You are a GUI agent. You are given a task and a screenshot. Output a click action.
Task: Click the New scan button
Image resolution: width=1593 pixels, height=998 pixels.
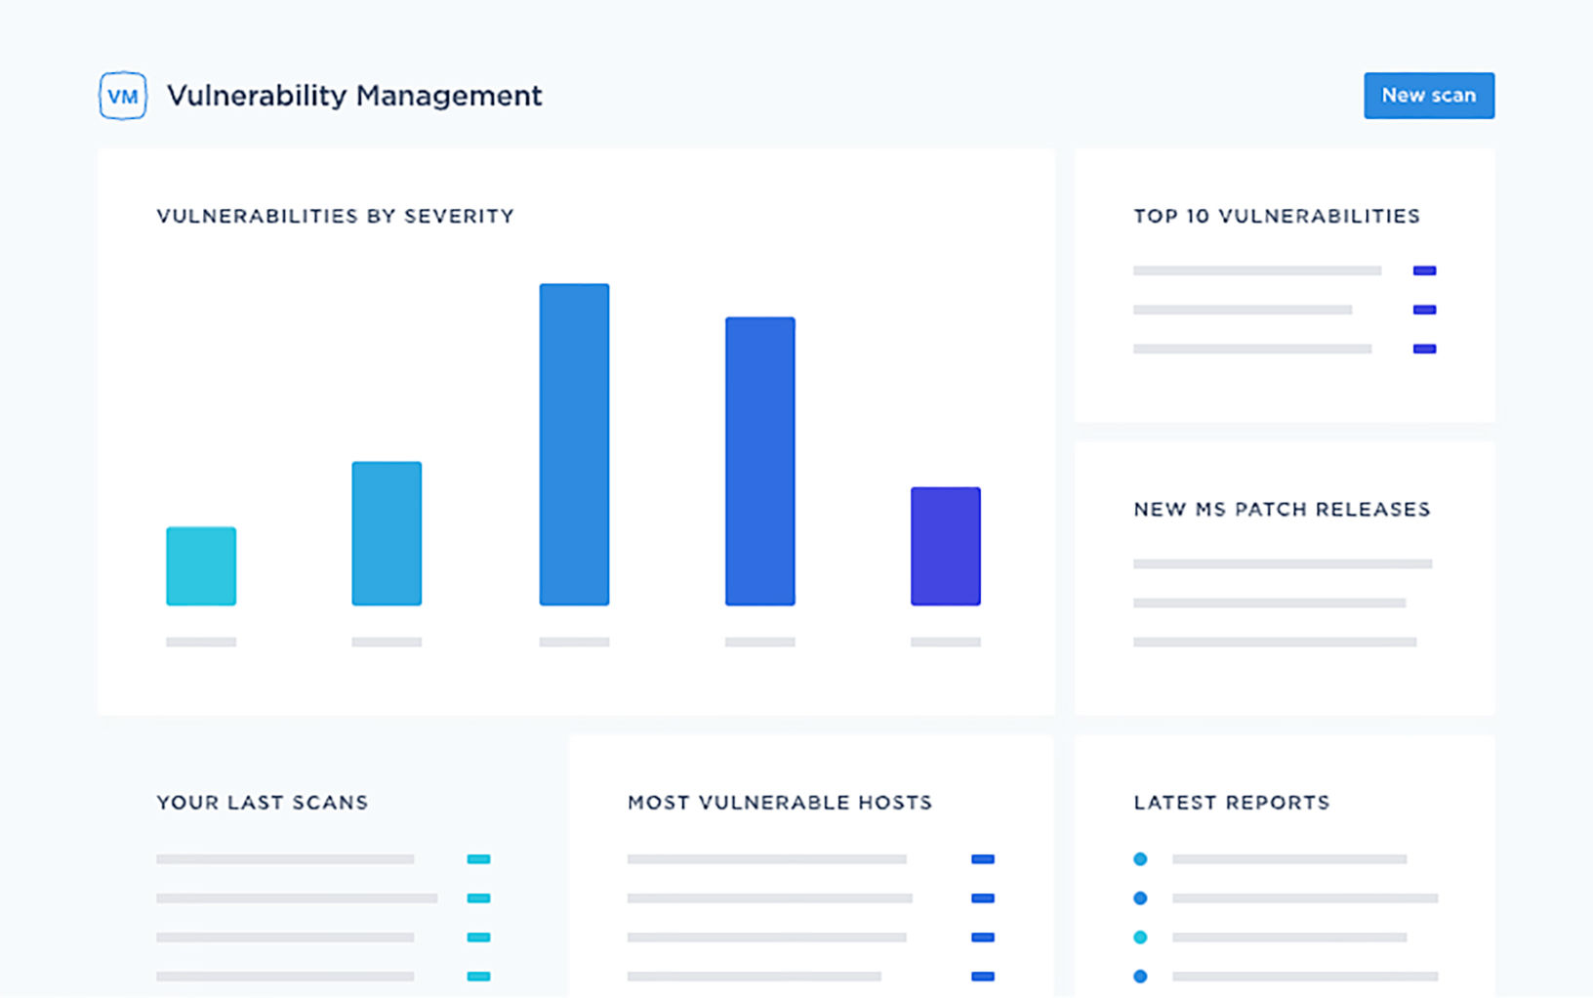coord(1428,96)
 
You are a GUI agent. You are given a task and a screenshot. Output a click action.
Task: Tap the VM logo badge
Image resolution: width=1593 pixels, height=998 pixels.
coord(123,96)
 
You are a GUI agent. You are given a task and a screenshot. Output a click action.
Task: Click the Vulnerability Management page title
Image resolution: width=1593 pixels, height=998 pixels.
coord(354,96)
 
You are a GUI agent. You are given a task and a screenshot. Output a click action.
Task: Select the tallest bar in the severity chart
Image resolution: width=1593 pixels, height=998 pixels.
coord(574,444)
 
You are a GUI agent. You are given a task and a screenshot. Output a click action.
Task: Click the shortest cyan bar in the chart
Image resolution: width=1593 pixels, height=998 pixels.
coord(201,566)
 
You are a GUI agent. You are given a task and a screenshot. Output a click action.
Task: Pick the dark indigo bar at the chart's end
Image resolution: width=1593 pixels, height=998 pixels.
coord(945,547)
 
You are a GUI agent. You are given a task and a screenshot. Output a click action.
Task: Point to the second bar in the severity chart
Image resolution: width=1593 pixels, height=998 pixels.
coord(387,533)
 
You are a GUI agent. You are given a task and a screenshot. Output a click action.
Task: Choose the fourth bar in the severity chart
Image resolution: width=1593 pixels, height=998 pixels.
coord(759,461)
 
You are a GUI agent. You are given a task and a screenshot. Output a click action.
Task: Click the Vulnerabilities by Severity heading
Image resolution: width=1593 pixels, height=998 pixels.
coord(335,216)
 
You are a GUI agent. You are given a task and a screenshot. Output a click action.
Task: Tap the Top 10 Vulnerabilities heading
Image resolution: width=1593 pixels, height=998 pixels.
coord(1277,216)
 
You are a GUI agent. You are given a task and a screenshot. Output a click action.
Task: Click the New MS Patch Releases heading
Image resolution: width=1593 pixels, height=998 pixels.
coord(1282,509)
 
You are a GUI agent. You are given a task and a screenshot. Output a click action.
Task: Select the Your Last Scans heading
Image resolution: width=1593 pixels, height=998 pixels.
coord(263,803)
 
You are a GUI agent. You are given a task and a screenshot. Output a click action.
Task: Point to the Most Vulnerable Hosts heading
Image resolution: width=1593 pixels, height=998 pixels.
coord(780,803)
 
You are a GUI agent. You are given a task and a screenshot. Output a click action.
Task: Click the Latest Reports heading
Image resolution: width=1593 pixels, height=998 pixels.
coord(1232,803)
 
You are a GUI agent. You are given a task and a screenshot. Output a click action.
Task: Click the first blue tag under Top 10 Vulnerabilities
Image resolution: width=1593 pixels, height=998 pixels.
coord(1424,270)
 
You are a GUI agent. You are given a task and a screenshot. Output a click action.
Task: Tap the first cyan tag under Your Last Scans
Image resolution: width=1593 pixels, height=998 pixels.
coord(478,859)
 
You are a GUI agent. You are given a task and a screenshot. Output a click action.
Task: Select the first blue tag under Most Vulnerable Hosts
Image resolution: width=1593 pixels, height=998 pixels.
coord(983,859)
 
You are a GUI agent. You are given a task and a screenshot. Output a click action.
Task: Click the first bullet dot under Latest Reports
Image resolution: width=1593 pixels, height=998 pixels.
coord(1140,859)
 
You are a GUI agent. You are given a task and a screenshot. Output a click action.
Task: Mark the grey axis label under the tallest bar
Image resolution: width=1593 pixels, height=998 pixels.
coord(574,642)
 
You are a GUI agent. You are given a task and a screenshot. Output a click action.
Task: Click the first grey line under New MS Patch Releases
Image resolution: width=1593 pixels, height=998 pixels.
coord(1282,563)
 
